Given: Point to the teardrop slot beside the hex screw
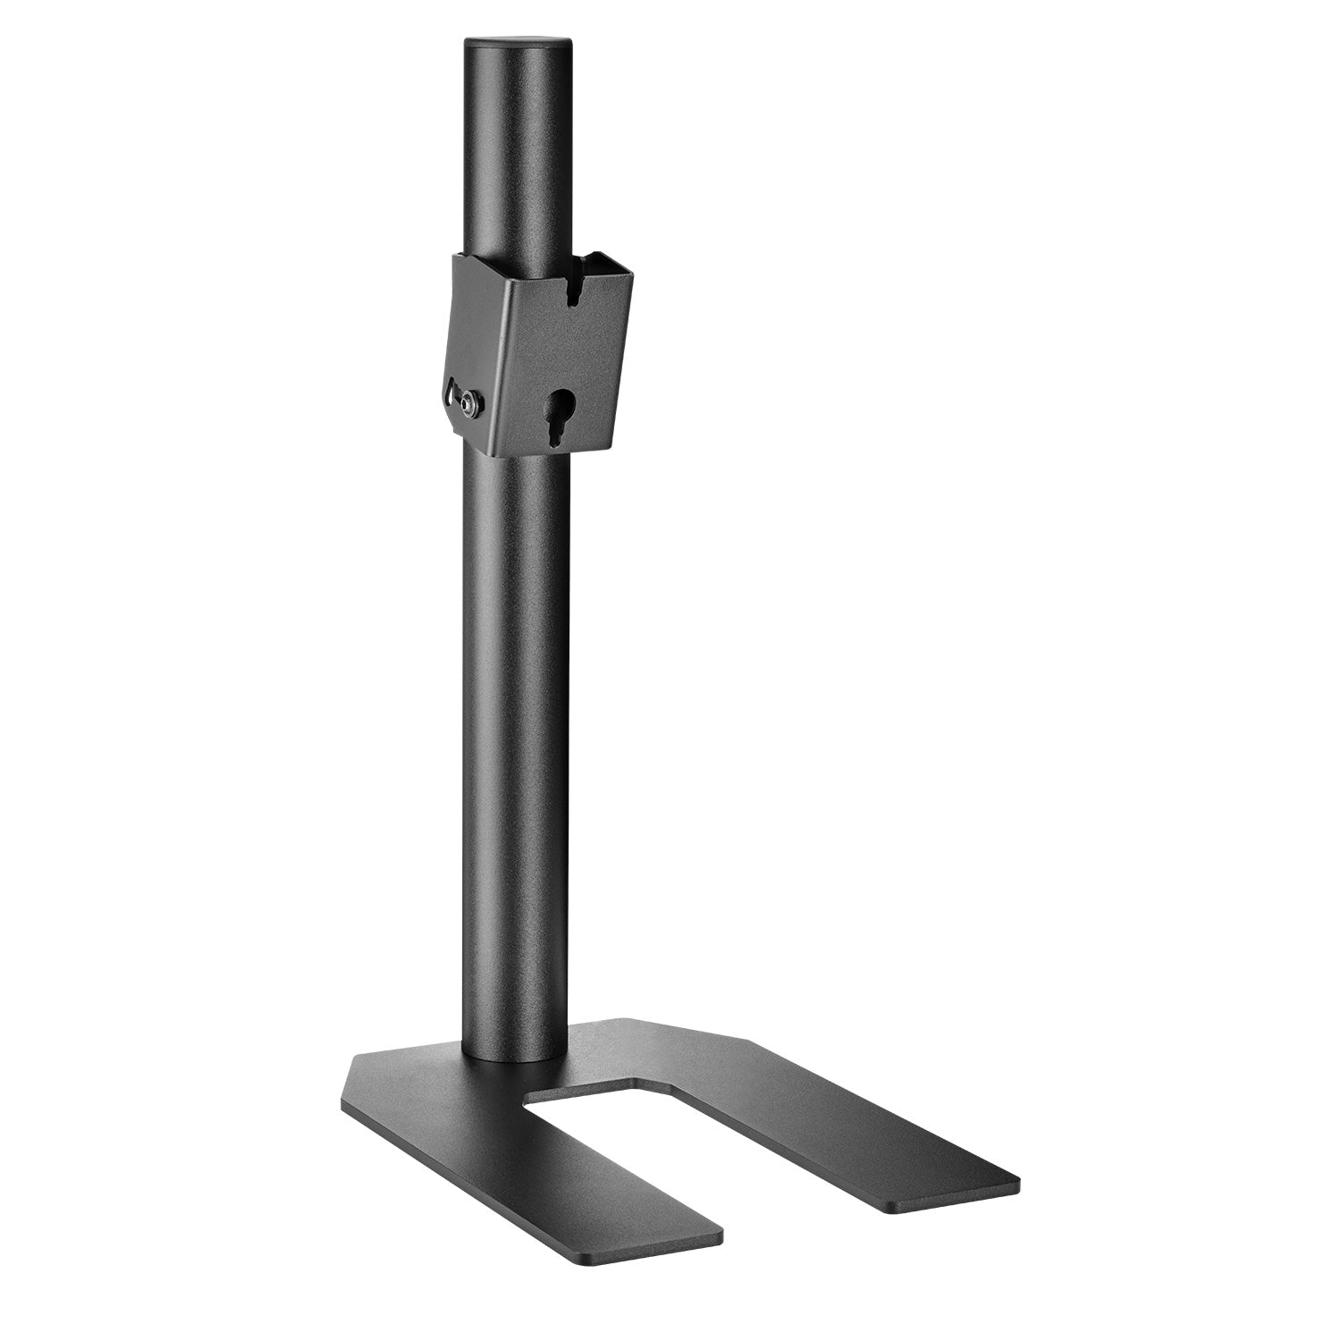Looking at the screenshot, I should tap(450, 393).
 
